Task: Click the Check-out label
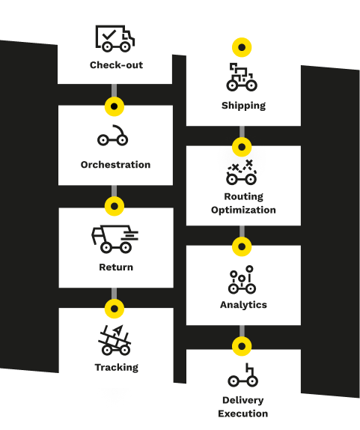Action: coord(117,65)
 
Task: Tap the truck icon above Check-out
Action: coord(115,38)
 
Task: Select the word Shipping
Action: coord(243,106)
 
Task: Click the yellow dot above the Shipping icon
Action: coord(242,47)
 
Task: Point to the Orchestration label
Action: coord(115,165)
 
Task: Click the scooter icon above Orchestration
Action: coord(112,136)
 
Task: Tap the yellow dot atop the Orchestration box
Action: coord(115,106)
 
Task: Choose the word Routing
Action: coord(243,196)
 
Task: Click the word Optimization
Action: coord(243,210)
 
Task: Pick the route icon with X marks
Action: coord(241,172)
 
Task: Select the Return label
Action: coord(116,267)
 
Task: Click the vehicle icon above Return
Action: coord(115,239)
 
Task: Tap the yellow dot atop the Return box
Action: coord(115,206)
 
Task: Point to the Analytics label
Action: coord(243,305)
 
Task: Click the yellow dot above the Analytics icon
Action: coord(242,246)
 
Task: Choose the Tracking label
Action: coord(117,368)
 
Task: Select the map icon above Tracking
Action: coord(115,340)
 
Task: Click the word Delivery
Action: coord(243,400)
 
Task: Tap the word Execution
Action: coord(243,414)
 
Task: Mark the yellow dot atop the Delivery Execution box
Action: coord(242,346)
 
